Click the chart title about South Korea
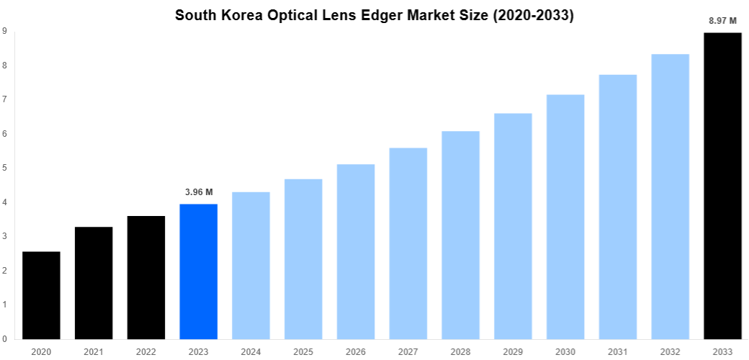[x=374, y=15]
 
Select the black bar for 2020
[x=41, y=295]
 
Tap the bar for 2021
[x=94, y=283]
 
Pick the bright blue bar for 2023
[x=198, y=271]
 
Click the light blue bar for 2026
[x=356, y=251]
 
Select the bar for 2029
[x=513, y=226]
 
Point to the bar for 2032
[x=670, y=197]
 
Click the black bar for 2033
[x=722, y=186]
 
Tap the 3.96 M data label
[x=198, y=192]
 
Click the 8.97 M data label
[x=722, y=21]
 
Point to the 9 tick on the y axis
[x=5, y=31]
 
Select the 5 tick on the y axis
[x=5, y=168]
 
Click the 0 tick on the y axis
[x=5, y=339]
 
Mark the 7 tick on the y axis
[x=5, y=99]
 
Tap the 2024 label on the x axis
[x=251, y=351]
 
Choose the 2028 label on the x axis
[x=460, y=351]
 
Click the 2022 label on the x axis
[x=146, y=351]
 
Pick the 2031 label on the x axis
[x=618, y=351]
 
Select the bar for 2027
[x=408, y=243]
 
